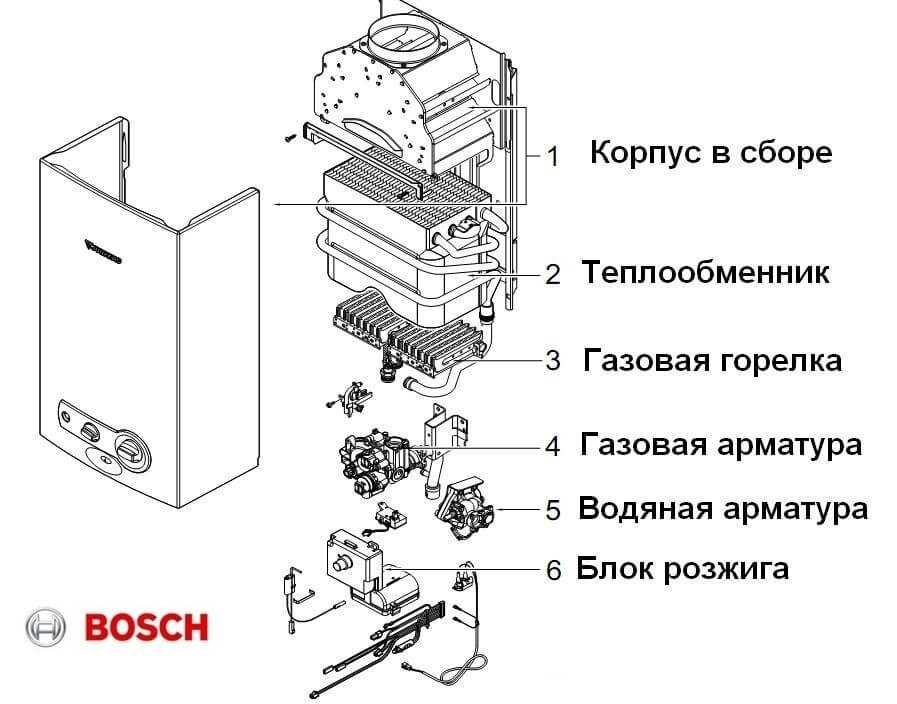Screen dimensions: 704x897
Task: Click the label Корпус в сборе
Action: [710, 154]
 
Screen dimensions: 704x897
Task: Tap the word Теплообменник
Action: [705, 272]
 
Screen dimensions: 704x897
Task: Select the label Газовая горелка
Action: [712, 360]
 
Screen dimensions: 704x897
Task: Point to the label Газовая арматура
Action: [720, 444]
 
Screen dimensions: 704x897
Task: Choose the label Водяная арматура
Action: [722, 509]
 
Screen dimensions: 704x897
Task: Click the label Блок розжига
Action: [682, 569]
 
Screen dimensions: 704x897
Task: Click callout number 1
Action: [553, 155]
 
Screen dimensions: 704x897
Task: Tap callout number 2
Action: [553, 274]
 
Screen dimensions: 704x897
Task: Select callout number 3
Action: [553, 361]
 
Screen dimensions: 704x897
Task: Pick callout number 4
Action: [553, 445]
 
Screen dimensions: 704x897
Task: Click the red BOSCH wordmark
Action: [147, 628]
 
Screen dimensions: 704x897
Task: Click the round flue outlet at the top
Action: [405, 42]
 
